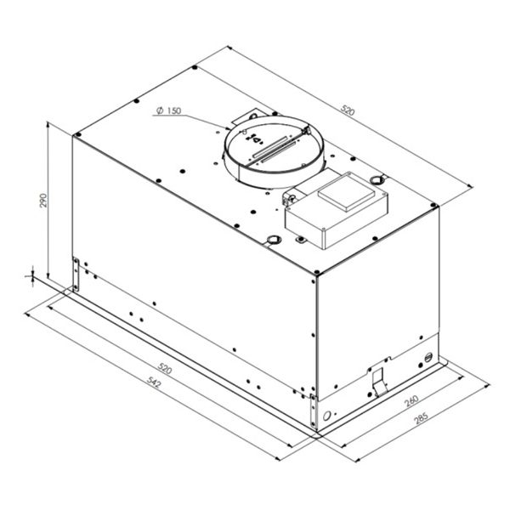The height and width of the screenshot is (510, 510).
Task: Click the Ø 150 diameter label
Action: (x=168, y=110)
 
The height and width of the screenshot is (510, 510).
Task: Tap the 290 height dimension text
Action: (x=43, y=201)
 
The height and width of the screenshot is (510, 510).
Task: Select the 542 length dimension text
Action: (x=154, y=382)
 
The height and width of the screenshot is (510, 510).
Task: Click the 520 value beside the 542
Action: (x=165, y=369)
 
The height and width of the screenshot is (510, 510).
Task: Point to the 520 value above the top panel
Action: (x=348, y=110)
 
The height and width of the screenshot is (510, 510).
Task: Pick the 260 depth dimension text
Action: (x=411, y=401)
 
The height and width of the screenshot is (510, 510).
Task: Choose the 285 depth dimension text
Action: (x=421, y=418)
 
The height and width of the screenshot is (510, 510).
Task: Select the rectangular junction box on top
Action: (x=337, y=211)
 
